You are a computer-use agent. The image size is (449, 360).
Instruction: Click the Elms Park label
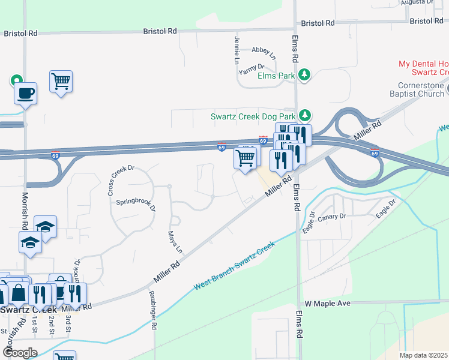click(x=276, y=76)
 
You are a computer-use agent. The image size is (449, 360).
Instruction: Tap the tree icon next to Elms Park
click(x=305, y=74)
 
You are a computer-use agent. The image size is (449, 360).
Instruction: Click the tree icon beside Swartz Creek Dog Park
click(x=305, y=115)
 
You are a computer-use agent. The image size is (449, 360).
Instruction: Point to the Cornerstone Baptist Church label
click(x=420, y=90)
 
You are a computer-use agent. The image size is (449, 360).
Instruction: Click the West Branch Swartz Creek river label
click(x=234, y=266)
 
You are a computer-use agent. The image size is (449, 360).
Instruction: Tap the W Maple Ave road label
click(x=327, y=304)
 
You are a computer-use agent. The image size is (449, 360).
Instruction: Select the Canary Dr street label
click(x=335, y=216)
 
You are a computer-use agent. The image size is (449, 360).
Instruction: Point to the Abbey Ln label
click(x=264, y=53)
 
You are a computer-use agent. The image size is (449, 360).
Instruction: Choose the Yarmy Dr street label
click(x=252, y=70)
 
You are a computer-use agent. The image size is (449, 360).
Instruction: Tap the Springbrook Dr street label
click(x=135, y=204)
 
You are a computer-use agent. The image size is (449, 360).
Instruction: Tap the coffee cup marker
click(x=25, y=94)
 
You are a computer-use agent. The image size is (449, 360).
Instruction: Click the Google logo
click(x=19, y=353)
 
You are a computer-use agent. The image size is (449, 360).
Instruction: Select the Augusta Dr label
click(x=417, y=2)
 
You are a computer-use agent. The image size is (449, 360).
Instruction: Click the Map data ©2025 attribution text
click(x=423, y=355)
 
